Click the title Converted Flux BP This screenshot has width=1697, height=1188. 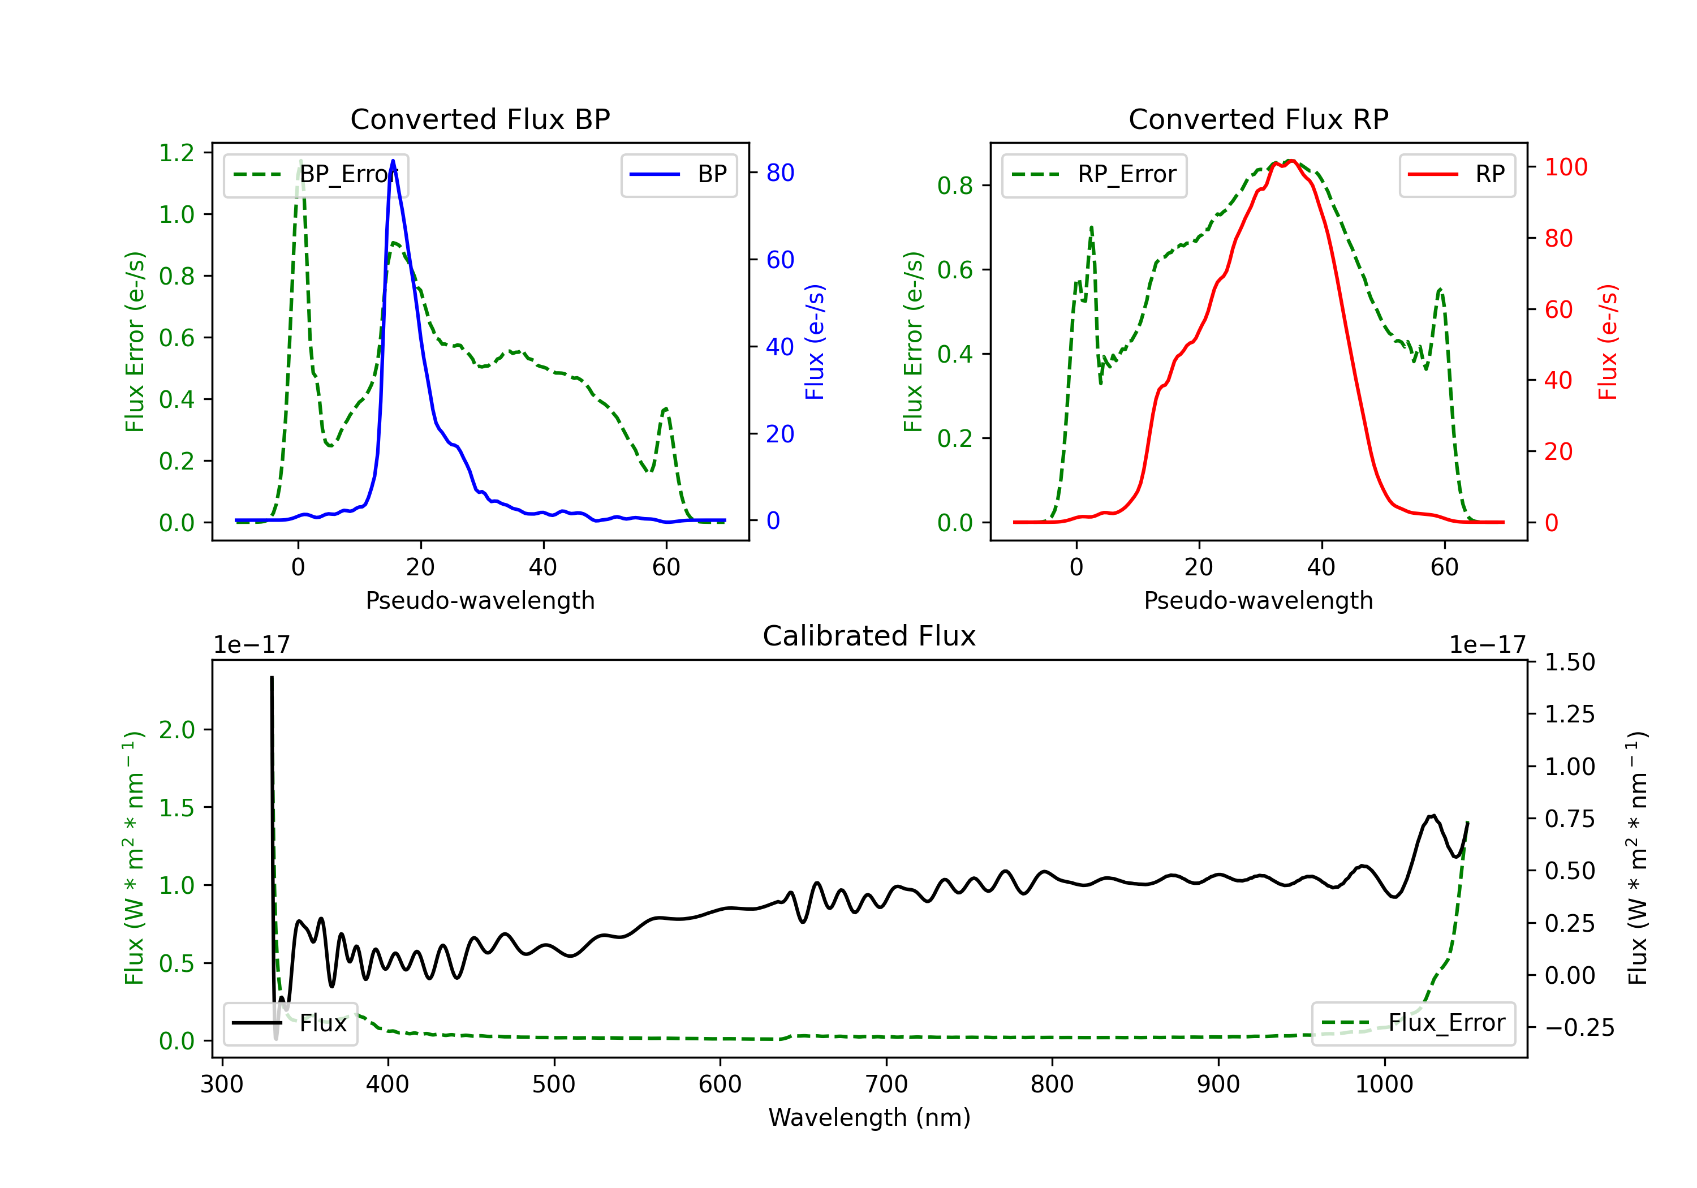[x=480, y=119]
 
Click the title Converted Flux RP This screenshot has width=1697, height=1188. [x=1258, y=119]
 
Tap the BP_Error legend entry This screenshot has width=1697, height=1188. [x=316, y=174]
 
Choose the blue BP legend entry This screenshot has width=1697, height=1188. [x=678, y=174]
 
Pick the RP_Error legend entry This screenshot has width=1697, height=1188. [x=1094, y=174]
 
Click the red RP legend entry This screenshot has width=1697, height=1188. [x=1457, y=174]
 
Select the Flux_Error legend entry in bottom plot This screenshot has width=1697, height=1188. [x=1412, y=1023]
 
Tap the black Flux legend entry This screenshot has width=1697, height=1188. [x=291, y=1023]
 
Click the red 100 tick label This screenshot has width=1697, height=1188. [x=1565, y=167]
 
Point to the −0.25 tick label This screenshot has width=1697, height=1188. [x=1579, y=1027]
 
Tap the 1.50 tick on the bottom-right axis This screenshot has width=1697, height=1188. [x=1569, y=662]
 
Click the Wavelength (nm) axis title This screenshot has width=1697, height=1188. [x=869, y=1117]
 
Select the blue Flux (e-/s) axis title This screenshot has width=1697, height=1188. [x=815, y=342]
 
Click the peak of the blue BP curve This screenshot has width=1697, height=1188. [x=393, y=161]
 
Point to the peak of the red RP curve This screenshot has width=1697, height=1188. [x=1290, y=161]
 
